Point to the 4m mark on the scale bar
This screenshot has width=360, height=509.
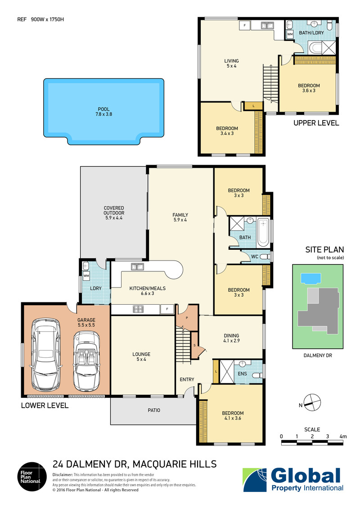click(343, 436)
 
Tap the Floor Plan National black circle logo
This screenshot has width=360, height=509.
click(31, 477)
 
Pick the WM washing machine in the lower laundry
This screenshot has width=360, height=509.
click(86, 275)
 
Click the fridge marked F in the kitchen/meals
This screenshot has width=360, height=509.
click(167, 309)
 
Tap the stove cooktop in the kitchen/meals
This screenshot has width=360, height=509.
click(137, 309)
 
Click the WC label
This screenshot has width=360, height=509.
click(254, 257)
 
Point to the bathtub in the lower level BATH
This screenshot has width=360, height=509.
click(263, 233)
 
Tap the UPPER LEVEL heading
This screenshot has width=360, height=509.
click(316, 123)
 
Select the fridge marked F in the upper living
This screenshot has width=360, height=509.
click(245, 25)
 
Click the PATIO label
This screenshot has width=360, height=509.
click(154, 410)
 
